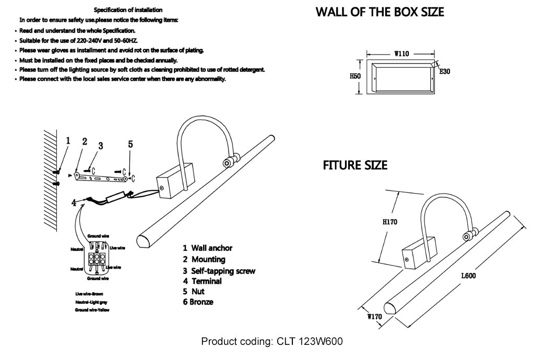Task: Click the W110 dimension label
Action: tap(401, 54)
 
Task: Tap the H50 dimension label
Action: tap(355, 76)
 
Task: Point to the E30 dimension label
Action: tap(444, 72)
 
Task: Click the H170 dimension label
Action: tap(390, 222)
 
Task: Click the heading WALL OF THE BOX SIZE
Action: tap(380, 11)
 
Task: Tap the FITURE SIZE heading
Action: tap(355, 165)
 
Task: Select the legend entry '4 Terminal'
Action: tap(202, 281)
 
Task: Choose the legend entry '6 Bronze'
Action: tap(198, 302)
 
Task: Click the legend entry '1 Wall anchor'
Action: tap(207, 248)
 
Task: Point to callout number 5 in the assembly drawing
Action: tap(131, 145)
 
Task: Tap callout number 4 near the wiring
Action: tap(75, 204)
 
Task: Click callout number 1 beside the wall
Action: tap(68, 140)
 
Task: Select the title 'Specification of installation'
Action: tap(128, 10)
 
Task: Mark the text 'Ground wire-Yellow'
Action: tap(95, 310)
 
